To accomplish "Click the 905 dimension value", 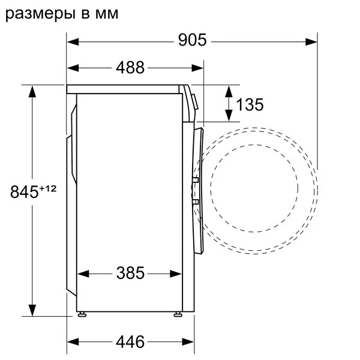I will point(192,41).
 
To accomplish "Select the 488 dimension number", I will point(130,67).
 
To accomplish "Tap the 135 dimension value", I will point(249,104).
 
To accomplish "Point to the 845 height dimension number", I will point(25,193).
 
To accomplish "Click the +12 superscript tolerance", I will point(47,188).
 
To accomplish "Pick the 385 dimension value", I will point(130,274).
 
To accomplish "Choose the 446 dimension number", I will point(130,342).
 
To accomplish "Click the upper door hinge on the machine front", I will point(196,179).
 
